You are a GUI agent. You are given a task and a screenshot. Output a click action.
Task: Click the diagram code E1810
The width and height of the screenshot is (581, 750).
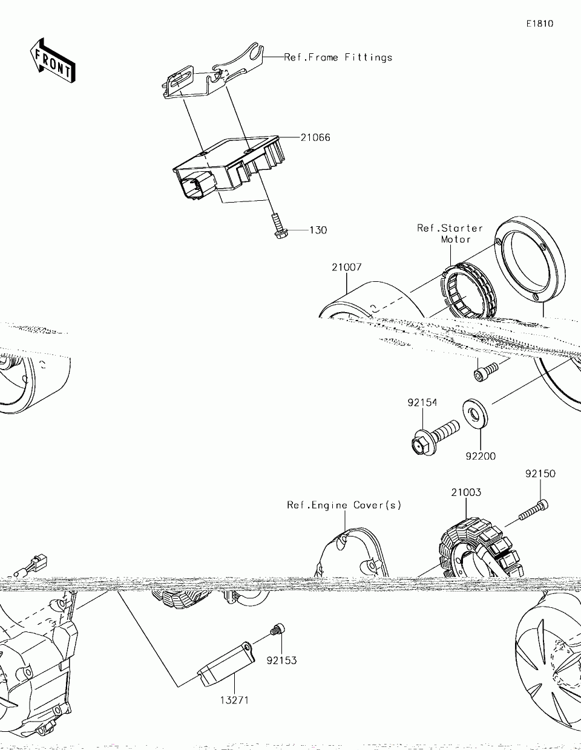(539, 24)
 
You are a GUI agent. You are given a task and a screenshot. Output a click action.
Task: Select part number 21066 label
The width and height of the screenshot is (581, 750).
(315, 137)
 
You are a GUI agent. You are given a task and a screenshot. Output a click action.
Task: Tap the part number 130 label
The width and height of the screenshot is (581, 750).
(318, 230)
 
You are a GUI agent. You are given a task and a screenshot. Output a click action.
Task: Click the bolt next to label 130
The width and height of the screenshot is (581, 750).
(278, 226)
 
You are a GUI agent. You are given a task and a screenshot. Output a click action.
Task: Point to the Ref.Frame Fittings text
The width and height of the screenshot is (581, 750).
(338, 57)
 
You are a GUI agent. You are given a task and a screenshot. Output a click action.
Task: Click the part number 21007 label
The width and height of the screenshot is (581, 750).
(346, 267)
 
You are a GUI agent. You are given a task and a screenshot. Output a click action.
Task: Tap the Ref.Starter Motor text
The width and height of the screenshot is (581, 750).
(450, 233)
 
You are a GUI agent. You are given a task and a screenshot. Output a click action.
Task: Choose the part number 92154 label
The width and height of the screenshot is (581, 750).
(422, 403)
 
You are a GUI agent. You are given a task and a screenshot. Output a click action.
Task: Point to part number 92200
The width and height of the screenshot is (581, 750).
(481, 456)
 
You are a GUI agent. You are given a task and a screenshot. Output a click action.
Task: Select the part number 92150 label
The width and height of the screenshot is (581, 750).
(540, 474)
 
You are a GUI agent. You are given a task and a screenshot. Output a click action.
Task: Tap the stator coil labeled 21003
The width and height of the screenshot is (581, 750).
(481, 547)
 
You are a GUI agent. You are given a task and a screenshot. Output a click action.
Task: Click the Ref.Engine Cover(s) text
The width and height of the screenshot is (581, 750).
(344, 505)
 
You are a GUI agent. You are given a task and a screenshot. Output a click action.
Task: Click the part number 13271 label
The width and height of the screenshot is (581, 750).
(234, 700)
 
